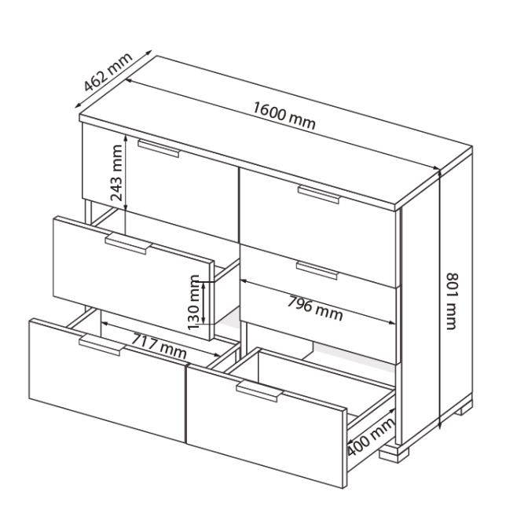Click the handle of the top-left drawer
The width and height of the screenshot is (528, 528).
click(x=159, y=149)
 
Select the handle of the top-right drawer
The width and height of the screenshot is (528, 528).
click(x=318, y=194)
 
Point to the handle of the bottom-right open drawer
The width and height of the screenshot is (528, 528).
click(x=258, y=393)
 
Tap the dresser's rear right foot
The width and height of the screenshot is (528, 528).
click(x=459, y=407)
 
